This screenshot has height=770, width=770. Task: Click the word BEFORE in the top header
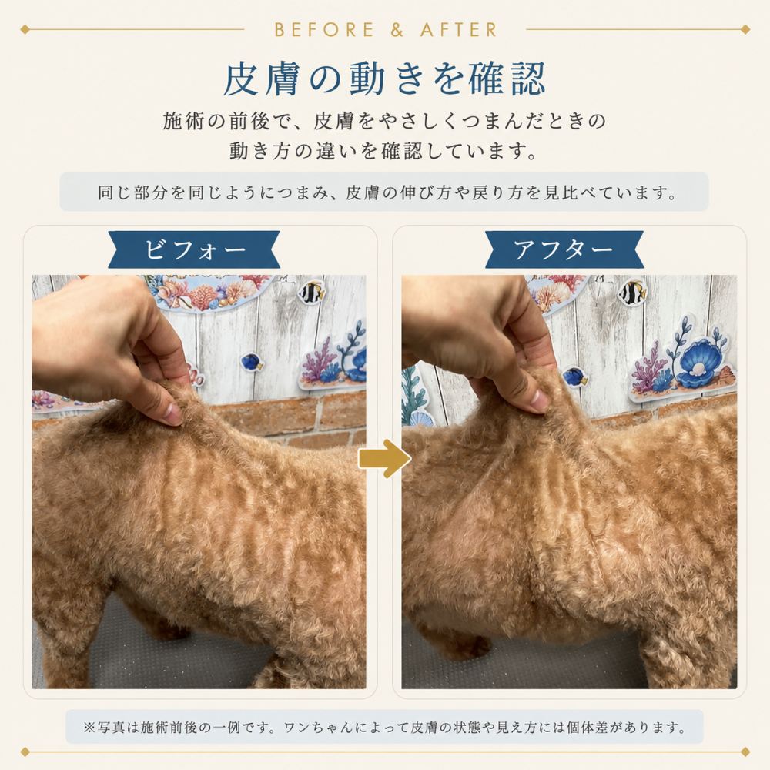tap(324, 30)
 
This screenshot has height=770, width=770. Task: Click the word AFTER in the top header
tap(459, 30)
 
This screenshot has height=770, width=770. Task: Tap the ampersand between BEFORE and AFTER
tap(397, 30)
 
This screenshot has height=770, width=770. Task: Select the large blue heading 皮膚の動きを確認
tap(384, 79)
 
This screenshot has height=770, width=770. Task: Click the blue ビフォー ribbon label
tap(195, 249)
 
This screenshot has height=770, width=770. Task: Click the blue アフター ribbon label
tap(564, 249)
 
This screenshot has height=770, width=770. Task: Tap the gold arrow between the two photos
tap(384, 459)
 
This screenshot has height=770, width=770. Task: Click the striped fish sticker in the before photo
tap(313, 292)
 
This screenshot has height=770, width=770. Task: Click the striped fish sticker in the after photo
tap(632, 293)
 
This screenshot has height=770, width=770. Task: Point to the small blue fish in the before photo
tap(252, 363)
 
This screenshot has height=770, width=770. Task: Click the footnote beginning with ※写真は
tap(384, 728)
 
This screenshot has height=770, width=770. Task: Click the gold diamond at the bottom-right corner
tap(745, 752)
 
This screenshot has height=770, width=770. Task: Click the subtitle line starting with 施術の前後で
tap(384, 122)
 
